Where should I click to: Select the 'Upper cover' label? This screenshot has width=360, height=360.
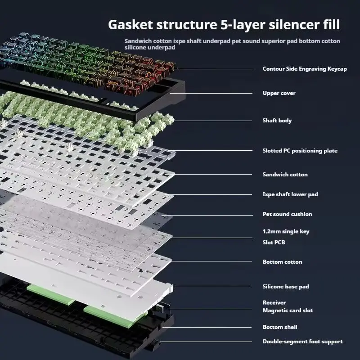click(x=279, y=93)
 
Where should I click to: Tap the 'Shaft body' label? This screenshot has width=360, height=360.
click(x=277, y=121)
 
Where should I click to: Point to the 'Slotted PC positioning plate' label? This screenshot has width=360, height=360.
click(x=300, y=151)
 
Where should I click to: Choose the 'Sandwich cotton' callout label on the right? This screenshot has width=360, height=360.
click(x=285, y=175)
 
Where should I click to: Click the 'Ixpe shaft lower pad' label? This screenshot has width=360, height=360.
click(x=290, y=194)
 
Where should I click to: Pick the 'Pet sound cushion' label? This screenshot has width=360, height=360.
click(x=287, y=214)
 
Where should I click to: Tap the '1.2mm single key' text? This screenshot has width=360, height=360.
click(x=286, y=231)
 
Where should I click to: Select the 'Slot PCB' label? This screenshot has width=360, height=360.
click(x=274, y=243)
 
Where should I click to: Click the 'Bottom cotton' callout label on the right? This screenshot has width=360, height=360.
click(x=282, y=262)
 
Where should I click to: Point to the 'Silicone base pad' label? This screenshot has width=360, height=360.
click(x=286, y=287)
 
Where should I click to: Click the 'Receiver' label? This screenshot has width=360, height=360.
click(x=274, y=303)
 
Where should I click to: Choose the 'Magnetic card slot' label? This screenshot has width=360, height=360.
click(x=288, y=310)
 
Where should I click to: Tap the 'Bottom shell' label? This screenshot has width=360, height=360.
click(x=280, y=327)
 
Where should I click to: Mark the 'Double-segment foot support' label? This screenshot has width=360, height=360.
click(x=302, y=342)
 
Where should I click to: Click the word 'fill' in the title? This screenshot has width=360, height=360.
click(x=330, y=25)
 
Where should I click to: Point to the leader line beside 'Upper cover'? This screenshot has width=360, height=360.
click(x=216, y=93)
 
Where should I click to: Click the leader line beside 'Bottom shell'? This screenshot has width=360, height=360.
click(x=211, y=327)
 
